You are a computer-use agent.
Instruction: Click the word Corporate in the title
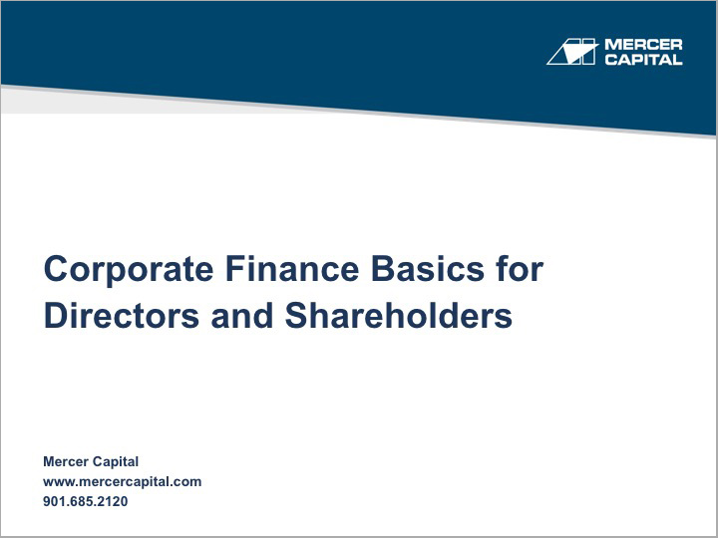128,270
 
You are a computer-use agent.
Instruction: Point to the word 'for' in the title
520,270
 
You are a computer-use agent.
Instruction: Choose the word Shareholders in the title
399,315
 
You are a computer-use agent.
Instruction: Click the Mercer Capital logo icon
571,52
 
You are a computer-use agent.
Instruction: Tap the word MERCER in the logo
643,45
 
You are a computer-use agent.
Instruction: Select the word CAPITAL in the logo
643,60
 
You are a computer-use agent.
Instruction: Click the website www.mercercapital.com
122,481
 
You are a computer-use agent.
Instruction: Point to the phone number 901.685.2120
86,501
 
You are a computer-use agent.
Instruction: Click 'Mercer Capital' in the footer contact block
91,461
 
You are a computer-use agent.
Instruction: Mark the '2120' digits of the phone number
113,501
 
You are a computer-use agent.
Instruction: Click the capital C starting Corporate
56,270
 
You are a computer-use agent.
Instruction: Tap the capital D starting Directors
55,315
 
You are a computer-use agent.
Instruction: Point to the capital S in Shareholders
296,315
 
